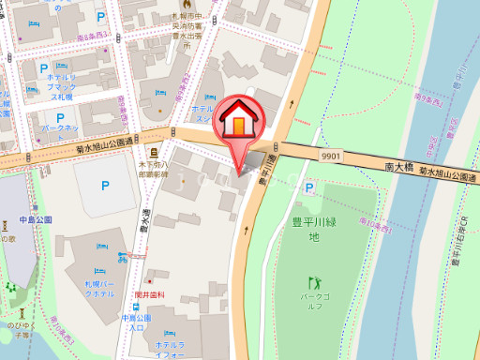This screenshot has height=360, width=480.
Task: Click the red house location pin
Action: click(x=240, y=121)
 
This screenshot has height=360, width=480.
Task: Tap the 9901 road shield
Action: click(x=329, y=157)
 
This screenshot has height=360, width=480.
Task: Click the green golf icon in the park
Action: click(x=314, y=280)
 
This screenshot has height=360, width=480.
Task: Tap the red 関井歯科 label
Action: click(x=149, y=294)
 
